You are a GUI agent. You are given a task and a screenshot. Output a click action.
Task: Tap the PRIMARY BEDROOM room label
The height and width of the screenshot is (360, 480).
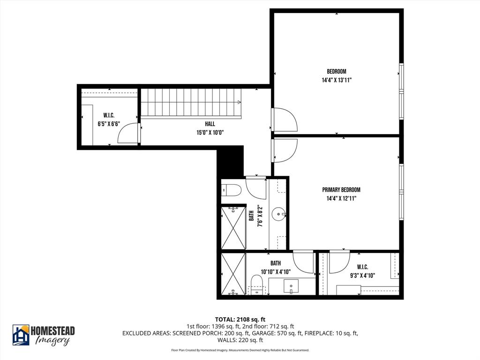[341, 194]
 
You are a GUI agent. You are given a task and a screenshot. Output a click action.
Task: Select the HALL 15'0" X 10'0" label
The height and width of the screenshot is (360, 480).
[210, 128]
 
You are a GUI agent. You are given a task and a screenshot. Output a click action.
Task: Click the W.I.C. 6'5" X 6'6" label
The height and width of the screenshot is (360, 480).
[109, 120]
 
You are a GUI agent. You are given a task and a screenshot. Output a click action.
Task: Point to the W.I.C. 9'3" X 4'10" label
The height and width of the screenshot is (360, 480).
[362, 271]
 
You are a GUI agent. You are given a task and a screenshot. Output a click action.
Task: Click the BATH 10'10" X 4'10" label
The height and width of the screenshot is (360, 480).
[276, 268]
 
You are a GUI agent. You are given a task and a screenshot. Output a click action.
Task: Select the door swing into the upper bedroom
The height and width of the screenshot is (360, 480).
[284, 120]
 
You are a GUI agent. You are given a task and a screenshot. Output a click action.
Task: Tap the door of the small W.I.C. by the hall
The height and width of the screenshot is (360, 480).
[128, 134]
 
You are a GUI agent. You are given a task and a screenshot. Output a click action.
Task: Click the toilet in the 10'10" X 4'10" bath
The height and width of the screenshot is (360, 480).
[256, 284]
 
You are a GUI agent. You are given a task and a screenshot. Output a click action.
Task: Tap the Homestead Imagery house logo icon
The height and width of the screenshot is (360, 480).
[21, 335]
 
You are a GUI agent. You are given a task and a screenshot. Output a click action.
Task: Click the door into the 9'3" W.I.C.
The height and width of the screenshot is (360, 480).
[338, 262]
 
